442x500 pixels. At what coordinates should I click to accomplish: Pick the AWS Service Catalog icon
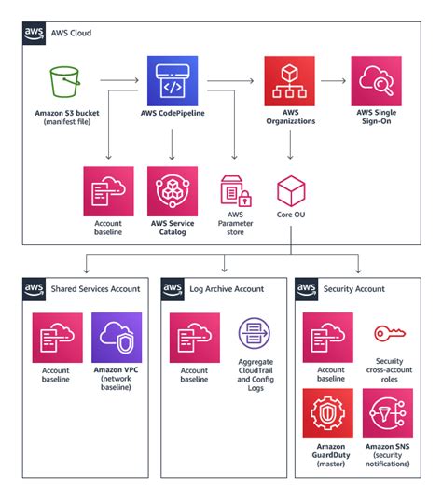[173, 191]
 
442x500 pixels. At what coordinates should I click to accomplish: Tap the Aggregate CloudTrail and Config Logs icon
[255, 336]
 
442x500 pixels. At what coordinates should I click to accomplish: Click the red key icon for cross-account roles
[388, 334]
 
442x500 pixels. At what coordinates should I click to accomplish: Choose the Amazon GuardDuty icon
[327, 413]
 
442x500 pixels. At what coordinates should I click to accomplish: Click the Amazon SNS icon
[388, 413]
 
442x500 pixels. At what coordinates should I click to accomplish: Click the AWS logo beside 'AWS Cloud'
[34, 33]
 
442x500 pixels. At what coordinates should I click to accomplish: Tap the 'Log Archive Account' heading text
[225, 288]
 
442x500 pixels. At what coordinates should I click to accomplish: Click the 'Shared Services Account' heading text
[96, 288]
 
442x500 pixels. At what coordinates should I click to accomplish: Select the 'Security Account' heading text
[353, 288]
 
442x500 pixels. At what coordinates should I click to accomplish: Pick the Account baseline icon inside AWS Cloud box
[108, 191]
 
